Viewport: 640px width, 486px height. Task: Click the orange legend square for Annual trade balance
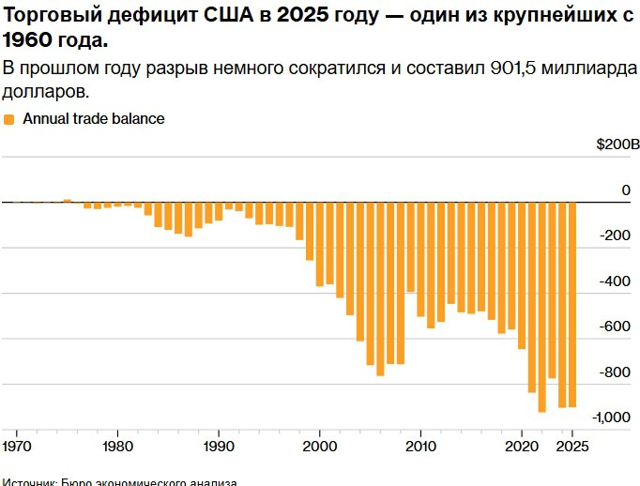click(9, 119)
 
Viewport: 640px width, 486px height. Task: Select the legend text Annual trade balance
click(94, 119)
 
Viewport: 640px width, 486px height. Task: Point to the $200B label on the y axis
click(617, 144)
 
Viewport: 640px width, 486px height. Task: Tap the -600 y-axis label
click(616, 327)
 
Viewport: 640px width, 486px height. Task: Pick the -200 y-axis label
click(616, 235)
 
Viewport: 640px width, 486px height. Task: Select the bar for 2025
click(572, 304)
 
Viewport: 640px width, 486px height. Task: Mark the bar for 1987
click(188, 219)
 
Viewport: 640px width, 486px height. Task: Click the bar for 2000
click(320, 244)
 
